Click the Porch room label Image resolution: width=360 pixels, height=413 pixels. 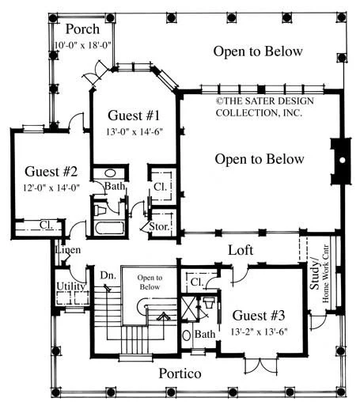pyautogui.click(x=82, y=29)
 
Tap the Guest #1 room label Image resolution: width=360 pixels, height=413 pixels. pyautogui.click(x=134, y=116)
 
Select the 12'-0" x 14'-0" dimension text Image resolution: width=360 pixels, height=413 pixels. pyautogui.click(x=51, y=188)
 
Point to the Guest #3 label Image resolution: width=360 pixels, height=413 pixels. pyautogui.click(x=259, y=316)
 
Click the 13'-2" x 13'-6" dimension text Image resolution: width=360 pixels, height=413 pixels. pyautogui.click(x=259, y=332)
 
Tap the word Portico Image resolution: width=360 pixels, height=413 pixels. pyautogui.click(x=180, y=373)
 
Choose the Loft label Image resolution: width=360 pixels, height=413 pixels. pyautogui.click(x=241, y=250)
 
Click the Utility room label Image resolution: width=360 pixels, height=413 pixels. pyautogui.click(x=70, y=286)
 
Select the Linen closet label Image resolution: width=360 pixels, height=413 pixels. pyautogui.click(x=68, y=250)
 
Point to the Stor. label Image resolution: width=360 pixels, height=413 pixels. pyautogui.click(x=159, y=226)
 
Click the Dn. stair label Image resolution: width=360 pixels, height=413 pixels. pyautogui.click(x=108, y=275)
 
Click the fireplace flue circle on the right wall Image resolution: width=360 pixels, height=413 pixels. pyautogui.click(x=343, y=160)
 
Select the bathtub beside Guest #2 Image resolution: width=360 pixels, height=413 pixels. pyautogui.click(x=109, y=228)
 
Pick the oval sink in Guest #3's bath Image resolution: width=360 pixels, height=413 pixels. pyautogui.click(x=187, y=335)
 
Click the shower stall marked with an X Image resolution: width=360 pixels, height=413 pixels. pyautogui.click(x=189, y=308)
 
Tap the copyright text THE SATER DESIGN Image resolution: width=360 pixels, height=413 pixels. pyautogui.click(x=265, y=100)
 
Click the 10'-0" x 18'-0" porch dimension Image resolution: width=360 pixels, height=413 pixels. pyautogui.click(x=83, y=45)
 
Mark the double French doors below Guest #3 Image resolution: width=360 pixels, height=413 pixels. pyautogui.click(x=261, y=365)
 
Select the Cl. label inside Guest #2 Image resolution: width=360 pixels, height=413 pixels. pyautogui.click(x=47, y=225)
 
